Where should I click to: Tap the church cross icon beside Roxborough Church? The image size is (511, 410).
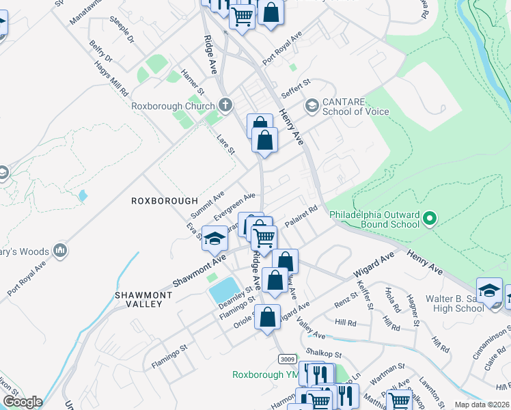click(227, 105)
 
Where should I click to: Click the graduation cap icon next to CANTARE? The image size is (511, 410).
click(312, 105)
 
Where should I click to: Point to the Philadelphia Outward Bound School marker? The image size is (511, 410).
click(430, 219)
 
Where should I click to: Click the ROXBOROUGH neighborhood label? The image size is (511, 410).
click(164, 201)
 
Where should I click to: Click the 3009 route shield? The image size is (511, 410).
click(287, 357)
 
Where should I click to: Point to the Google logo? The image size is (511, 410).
click(22, 402)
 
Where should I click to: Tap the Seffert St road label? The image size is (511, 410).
click(296, 87)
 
